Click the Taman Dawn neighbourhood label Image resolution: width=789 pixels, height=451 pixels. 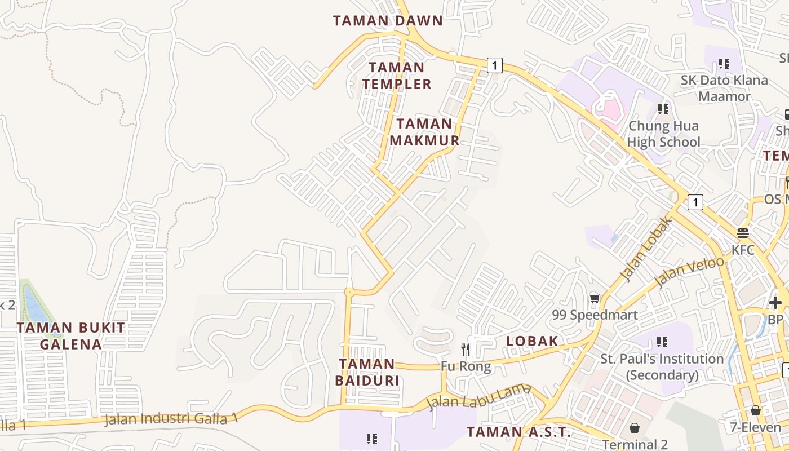388,21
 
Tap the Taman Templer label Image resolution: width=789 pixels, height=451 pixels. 397,76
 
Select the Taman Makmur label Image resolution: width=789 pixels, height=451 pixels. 424,132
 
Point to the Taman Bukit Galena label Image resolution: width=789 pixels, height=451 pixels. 70,336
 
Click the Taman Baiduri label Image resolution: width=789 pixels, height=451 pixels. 367,372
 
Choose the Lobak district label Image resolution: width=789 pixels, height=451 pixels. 532,341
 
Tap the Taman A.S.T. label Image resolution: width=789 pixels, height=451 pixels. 518,432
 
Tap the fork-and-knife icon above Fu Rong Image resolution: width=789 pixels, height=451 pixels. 466,350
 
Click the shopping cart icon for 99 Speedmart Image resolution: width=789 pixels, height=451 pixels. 595,298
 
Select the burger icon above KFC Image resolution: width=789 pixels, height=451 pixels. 743,233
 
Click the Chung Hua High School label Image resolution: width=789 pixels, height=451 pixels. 663,134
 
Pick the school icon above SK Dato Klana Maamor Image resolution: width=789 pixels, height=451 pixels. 724,64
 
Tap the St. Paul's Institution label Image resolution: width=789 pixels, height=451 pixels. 662,366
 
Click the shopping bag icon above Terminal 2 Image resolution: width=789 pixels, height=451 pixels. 635,428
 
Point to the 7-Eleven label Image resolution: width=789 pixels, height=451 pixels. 755,427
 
